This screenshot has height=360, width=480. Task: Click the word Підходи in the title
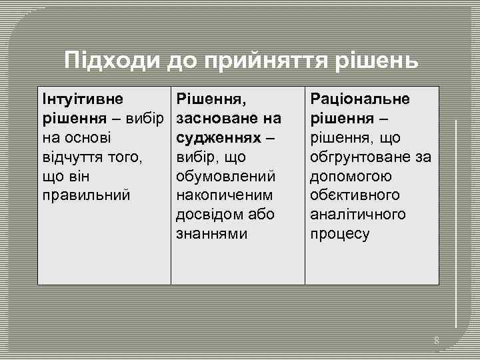pyautogui.click(x=111, y=61)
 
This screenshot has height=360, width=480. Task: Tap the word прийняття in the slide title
pyautogui.click(x=270, y=61)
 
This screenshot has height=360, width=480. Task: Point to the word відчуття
pyautogui.click(x=71, y=157)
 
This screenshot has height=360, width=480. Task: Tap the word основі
pyautogui.click(x=86, y=138)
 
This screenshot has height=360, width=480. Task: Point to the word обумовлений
pyautogui.click(x=225, y=177)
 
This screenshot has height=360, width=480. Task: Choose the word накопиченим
pyautogui.click(x=225, y=196)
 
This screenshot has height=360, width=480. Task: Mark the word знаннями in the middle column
pyautogui.click(x=211, y=234)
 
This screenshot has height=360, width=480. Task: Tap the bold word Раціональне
pyautogui.click(x=360, y=99)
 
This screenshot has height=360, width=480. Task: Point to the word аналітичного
pyautogui.click(x=357, y=215)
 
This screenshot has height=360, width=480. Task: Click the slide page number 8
pyautogui.click(x=437, y=341)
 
